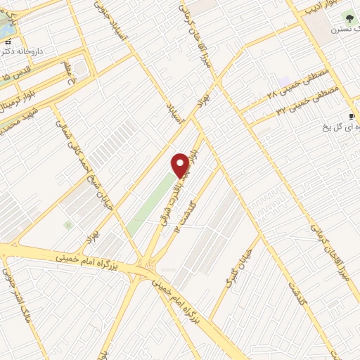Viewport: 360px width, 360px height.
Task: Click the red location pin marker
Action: pos(181,165)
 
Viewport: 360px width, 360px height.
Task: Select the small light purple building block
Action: pos(283,81)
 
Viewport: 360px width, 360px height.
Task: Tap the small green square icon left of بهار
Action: pos(67,225)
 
